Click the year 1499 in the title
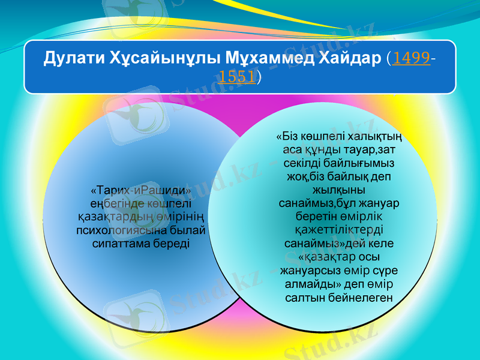pyautogui.click(x=412, y=59)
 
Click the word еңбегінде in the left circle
pyautogui.click(x=118, y=204)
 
